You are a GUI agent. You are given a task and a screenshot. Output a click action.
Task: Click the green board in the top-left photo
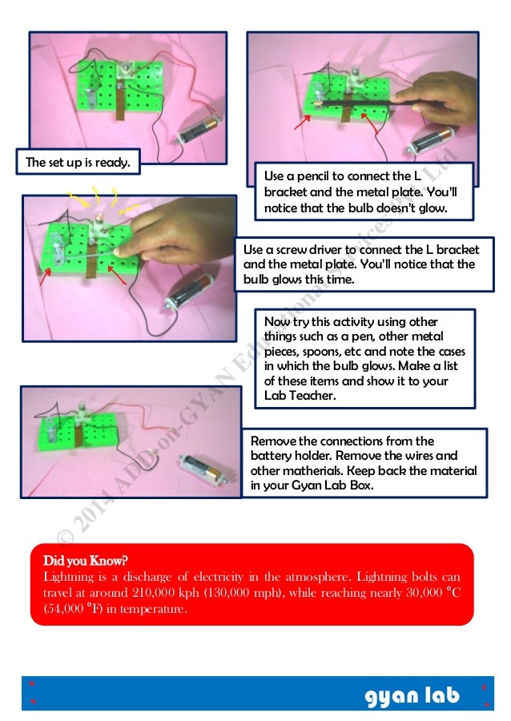pyautogui.click(x=120, y=88)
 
